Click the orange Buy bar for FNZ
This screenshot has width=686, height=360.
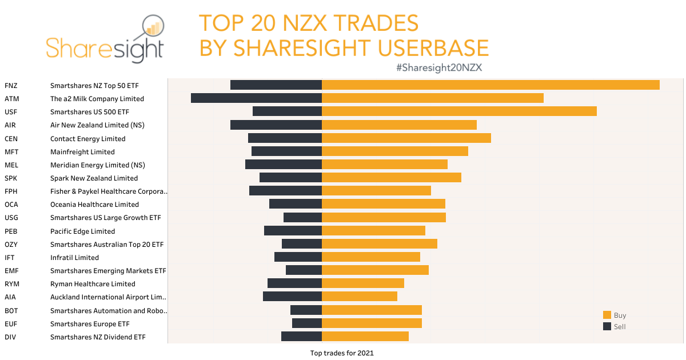click(x=490, y=85)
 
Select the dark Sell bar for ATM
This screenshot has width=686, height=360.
click(x=256, y=98)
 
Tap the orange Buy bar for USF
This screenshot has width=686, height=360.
click(x=459, y=111)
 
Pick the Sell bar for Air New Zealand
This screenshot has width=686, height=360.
click(x=276, y=125)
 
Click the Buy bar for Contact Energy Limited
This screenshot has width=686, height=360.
click(x=406, y=138)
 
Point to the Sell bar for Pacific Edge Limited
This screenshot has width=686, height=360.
click(x=293, y=231)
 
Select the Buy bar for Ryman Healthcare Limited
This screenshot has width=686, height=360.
click(x=363, y=283)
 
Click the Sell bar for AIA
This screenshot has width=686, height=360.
click(x=292, y=297)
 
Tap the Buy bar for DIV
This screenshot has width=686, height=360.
click(x=365, y=337)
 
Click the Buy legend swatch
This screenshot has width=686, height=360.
click(x=607, y=315)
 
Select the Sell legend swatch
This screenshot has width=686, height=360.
click(x=607, y=326)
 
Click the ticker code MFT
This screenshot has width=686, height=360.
click(x=11, y=152)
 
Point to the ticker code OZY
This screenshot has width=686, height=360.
click(x=11, y=245)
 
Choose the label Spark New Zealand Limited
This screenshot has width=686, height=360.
click(x=94, y=178)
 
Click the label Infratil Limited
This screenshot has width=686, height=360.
click(x=74, y=258)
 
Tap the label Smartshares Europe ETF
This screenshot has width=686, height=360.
click(x=90, y=324)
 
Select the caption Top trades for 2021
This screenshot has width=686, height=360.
click(x=342, y=353)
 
